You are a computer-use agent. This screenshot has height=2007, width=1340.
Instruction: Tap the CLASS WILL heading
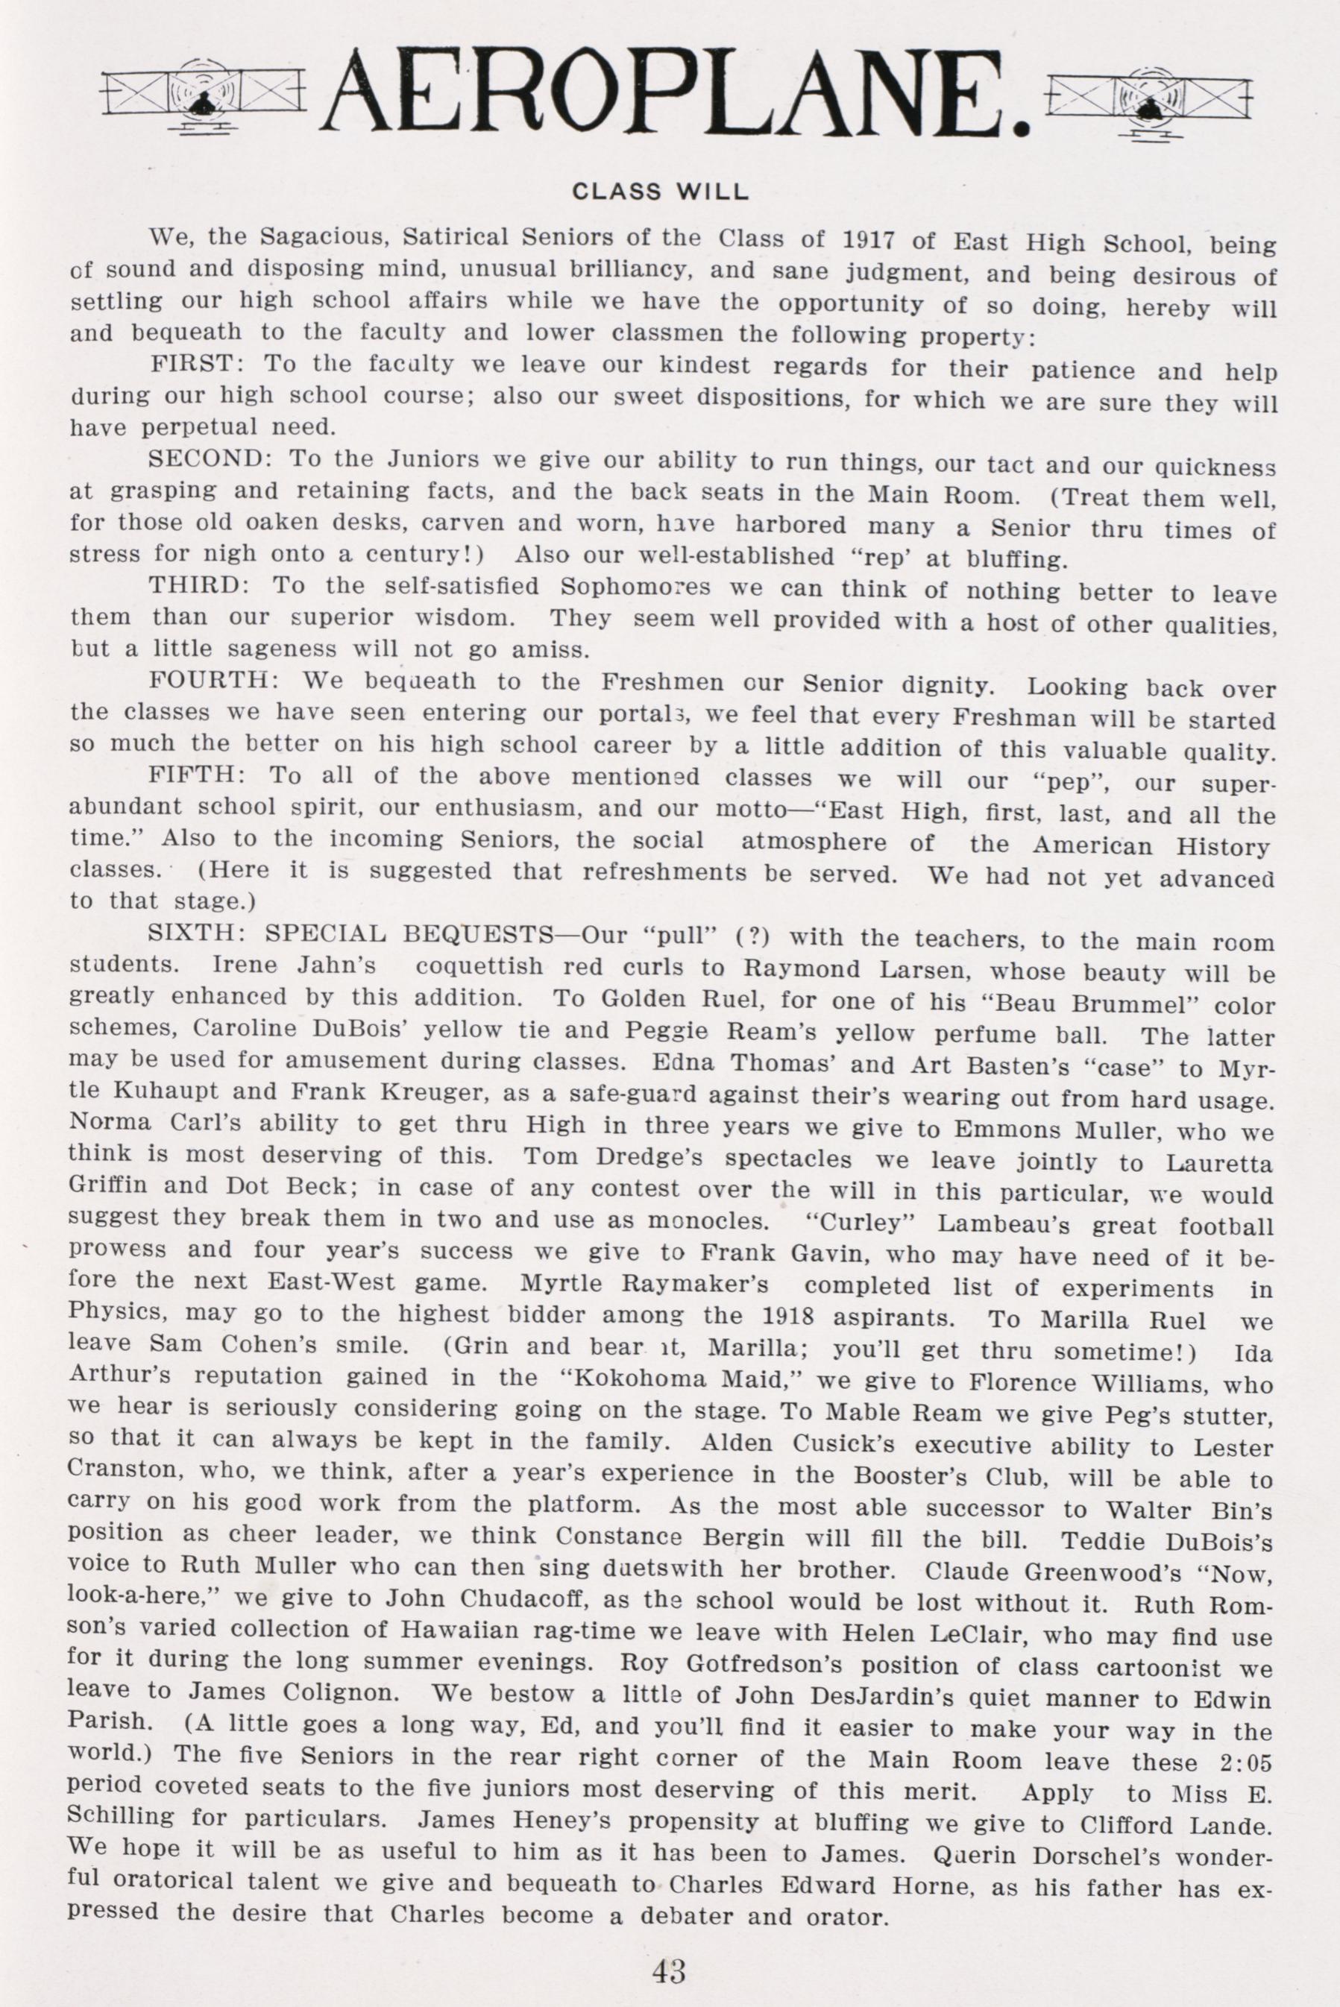(x=660, y=192)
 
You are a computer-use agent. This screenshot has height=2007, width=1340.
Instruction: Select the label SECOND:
(x=210, y=459)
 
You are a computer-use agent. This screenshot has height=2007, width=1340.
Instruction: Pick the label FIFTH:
(x=198, y=776)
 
